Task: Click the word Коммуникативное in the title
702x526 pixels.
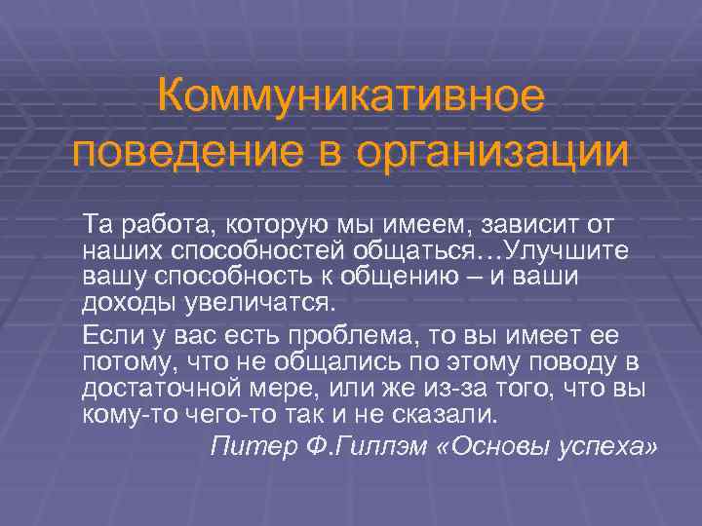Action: pyautogui.click(x=350, y=97)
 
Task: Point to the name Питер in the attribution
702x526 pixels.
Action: pyautogui.click(x=249, y=445)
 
